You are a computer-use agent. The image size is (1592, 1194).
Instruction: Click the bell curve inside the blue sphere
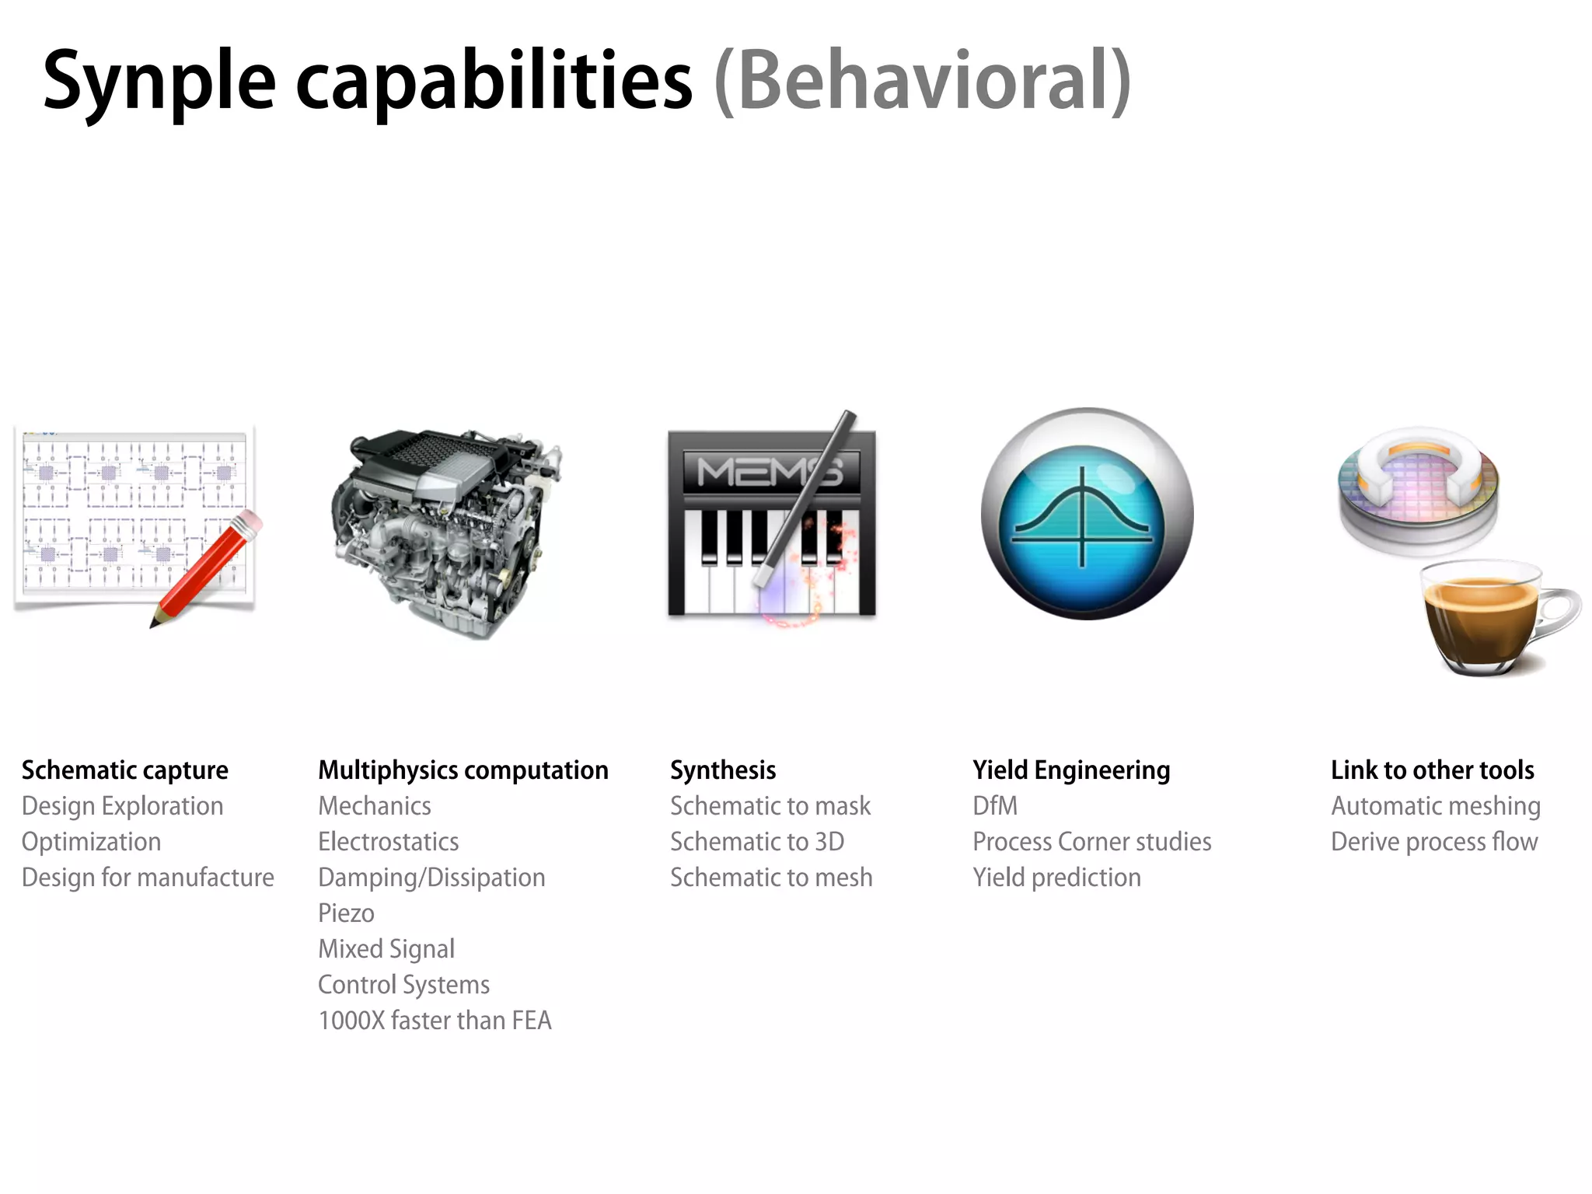(1082, 513)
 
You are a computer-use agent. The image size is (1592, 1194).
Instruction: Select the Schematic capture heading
(124, 770)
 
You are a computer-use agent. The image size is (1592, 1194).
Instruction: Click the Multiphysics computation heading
(463, 770)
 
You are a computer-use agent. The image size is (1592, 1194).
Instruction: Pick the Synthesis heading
(723, 770)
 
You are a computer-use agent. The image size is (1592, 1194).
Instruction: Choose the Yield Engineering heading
(1071, 770)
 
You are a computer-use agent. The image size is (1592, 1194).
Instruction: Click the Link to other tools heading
(1432, 770)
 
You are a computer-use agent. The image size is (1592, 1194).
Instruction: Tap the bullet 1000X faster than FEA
(435, 1020)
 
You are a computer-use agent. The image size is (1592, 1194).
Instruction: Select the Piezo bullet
(346, 913)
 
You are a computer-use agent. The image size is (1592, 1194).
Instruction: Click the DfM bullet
(994, 805)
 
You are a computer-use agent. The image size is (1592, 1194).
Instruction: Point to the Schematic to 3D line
(757, 841)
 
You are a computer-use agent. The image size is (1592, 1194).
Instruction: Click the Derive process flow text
(1434, 841)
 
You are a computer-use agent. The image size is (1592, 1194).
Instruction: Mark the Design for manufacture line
(148, 877)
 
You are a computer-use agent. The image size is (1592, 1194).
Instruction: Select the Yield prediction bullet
(1056, 877)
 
